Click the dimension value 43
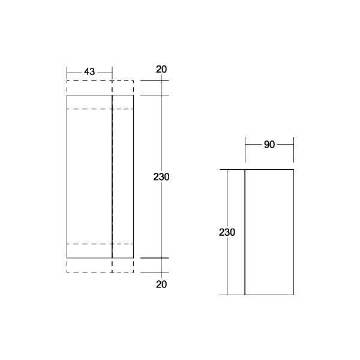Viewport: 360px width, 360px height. (89, 72)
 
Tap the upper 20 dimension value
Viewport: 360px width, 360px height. (161, 69)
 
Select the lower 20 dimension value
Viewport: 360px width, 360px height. (161, 284)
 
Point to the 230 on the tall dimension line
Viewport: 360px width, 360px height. (161, 178)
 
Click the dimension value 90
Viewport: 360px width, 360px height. (269, 145)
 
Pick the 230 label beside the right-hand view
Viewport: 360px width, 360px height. (227, 232)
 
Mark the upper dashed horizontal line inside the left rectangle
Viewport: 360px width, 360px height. (90, 109)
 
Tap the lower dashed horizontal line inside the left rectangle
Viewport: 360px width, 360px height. (90, 244)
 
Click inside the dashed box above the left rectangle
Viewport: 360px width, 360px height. (90, 88)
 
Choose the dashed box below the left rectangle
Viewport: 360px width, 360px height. (90, 265)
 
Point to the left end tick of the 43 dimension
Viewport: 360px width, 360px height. (67, 73)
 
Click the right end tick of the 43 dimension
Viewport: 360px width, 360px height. (112, 73)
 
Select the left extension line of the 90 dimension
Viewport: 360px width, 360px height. (245, 150)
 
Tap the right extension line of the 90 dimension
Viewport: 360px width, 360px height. (293, 150)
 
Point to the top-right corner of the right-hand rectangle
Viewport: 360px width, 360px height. (293, 170)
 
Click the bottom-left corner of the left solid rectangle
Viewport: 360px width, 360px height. (67, 258)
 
